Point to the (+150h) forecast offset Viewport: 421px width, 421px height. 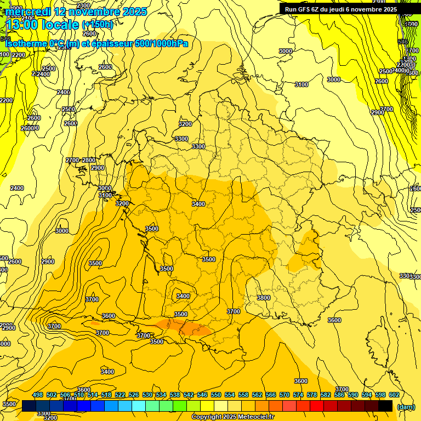[98, 24]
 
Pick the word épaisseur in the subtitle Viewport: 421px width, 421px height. [112, 43]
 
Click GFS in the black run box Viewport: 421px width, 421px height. [304, 9]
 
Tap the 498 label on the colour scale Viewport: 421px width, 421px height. [38, 395]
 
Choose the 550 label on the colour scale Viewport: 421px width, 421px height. [216, 395]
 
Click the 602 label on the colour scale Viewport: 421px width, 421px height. [394, 395]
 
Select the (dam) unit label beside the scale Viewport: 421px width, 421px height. [406, 406]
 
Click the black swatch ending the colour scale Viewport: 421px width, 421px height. [385, 406]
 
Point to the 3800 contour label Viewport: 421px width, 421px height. [264, 298]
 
